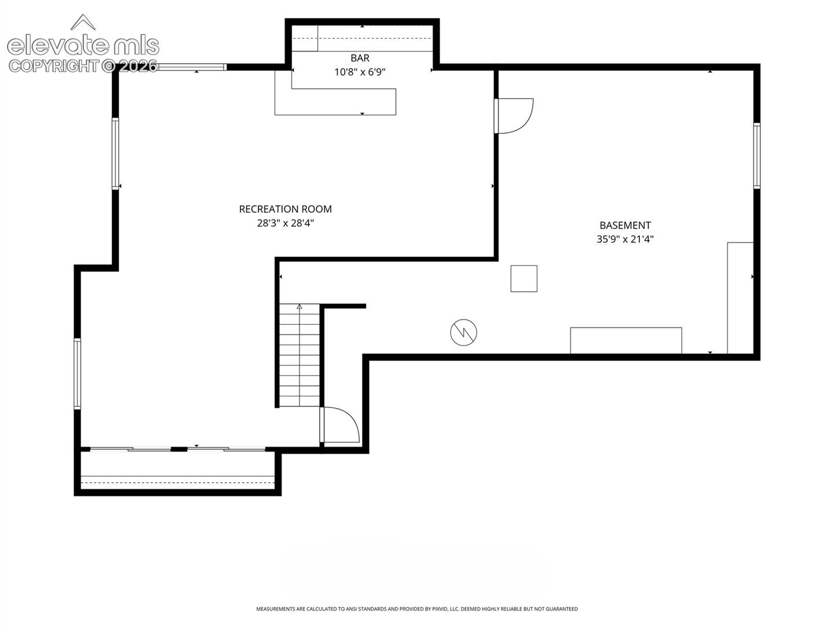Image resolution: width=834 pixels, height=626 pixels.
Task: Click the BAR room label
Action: point(360,58)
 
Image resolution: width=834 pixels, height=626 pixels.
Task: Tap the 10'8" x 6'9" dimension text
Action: point(360,72)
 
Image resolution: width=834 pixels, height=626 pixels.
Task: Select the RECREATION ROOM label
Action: point(285,209)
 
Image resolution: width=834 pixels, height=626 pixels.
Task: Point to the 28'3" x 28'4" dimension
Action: point(285,223)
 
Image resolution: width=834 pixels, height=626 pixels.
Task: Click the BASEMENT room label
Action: point(625,225)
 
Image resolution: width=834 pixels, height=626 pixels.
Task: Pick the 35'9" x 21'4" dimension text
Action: point(625,239)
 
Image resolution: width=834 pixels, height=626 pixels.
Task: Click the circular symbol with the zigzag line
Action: point(463,332)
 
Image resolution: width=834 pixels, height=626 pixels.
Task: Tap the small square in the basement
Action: point(524,279)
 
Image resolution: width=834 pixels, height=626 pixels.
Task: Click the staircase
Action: point(299,355)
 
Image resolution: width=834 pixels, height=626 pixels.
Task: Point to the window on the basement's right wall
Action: point(756,156)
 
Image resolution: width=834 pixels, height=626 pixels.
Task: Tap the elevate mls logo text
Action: point(83,46)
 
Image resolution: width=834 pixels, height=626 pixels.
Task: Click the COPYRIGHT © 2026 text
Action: point(83,66)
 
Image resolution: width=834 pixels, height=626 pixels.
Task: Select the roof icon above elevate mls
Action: point(83,21)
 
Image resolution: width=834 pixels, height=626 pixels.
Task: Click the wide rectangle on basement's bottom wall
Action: point(625,341)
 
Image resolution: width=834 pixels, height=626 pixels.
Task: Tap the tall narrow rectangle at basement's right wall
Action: point(740,298)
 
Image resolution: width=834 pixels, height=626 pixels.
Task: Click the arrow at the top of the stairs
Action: point(299,307)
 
